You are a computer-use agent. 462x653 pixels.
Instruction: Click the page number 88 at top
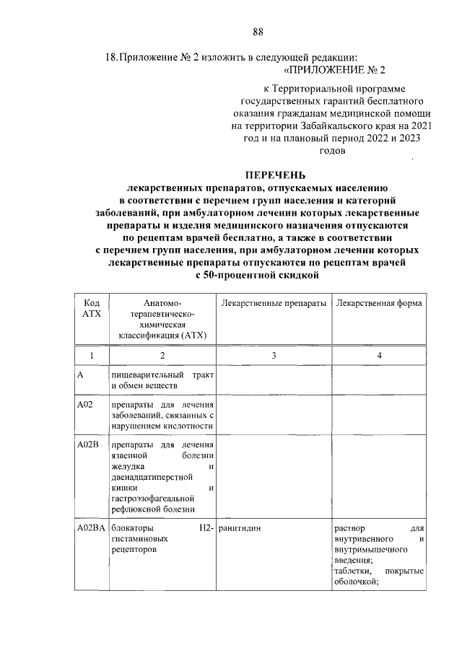pyautogui.click(x=258, y=30)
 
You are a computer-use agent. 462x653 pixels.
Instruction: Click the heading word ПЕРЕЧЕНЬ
pyautogui.click(x=275, y=175)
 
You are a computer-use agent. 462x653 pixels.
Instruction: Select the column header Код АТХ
pyautogui.click(x=92, y=309)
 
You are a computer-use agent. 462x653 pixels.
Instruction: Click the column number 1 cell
pyautogui.click(x=92, y=356)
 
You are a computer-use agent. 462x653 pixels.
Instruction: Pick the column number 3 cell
pyautogui.click(x=274, y=356)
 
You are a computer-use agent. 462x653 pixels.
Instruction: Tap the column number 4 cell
pyautogui.click(x=379, y=356)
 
